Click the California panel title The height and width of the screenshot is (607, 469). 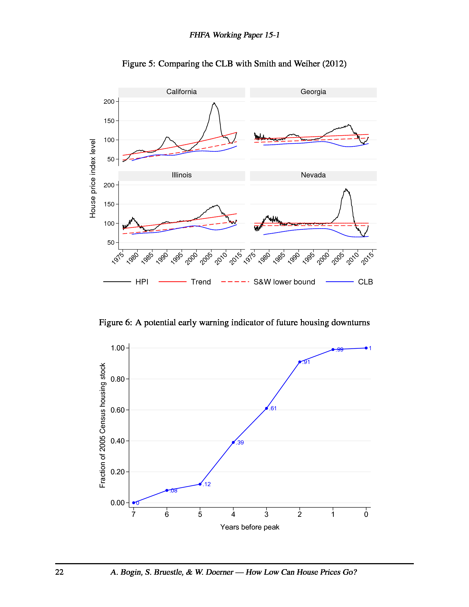click(182, 92)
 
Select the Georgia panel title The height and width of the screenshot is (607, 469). click(313, 92)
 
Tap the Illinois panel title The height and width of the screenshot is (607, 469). click(182, 175)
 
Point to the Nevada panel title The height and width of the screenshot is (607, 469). click(313, 175)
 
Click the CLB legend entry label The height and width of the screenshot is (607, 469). click(365, 282)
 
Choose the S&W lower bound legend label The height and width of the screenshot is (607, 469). click(284, 282)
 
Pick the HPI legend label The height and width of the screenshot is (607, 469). click(142, 282)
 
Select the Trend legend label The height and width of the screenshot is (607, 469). click(201, 282)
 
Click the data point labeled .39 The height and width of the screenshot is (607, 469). click(233, 442)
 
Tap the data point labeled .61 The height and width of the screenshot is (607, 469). click(267, 408)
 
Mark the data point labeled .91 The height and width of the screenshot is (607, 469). click(300, 362)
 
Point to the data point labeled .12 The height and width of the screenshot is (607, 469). click(200, 484)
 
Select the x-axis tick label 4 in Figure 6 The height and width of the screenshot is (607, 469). click(233, 514)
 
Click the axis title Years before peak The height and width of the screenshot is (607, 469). click(249, 527)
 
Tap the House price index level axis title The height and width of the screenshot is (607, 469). click(92, 178)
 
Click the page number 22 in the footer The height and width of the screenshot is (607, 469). click(60, 572)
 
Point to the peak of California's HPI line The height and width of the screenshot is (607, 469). click(214, 103)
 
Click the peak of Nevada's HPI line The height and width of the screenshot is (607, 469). click(346, 189)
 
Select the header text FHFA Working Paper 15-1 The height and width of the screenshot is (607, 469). click(234, 35)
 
